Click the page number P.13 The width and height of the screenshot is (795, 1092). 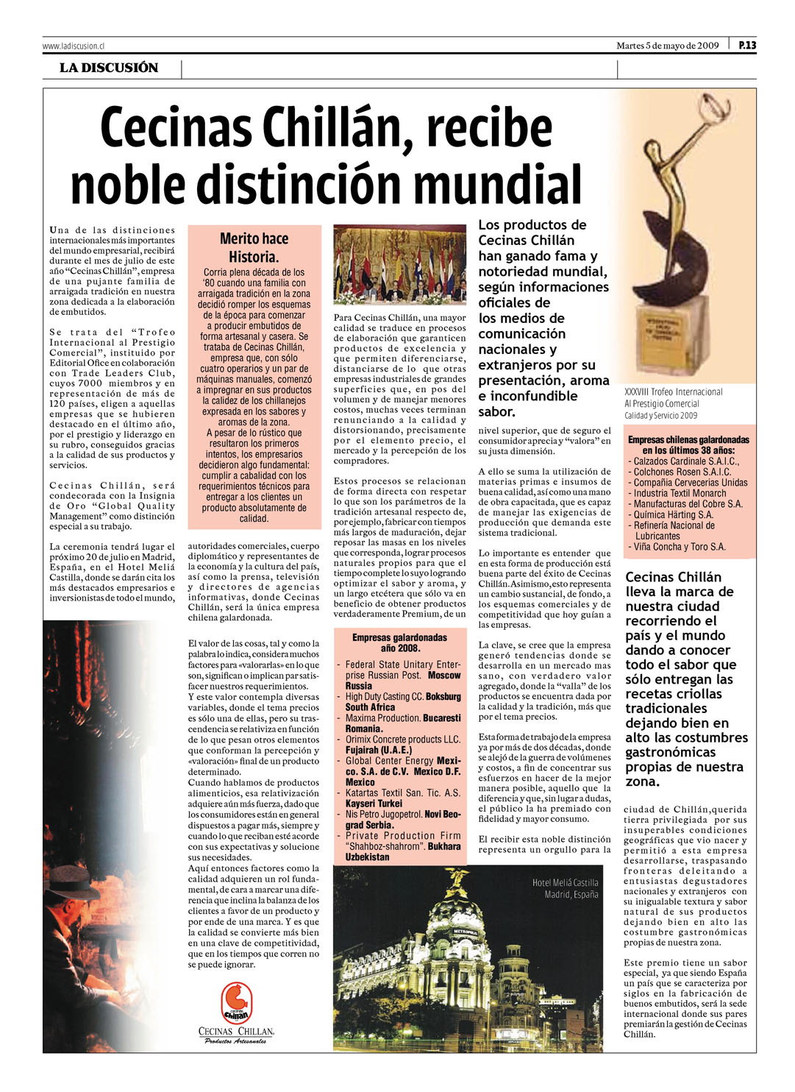point(746,46)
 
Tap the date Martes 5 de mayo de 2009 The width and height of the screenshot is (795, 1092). point(667,46)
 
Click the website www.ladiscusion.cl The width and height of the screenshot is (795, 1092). point(73,46)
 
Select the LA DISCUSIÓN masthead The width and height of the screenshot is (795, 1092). point(109,68)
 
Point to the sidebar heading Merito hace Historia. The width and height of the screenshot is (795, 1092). point(254,248)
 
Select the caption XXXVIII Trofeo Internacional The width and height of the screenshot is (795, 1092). point(674,392)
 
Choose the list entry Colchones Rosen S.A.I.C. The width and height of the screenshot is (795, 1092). point(682,472)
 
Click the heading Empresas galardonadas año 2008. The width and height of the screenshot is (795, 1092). point(399,642)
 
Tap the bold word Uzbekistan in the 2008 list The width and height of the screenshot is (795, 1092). point(367,857)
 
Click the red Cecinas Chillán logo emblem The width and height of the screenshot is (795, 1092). point(237,1002)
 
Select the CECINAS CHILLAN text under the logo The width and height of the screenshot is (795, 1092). point(236,1032)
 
